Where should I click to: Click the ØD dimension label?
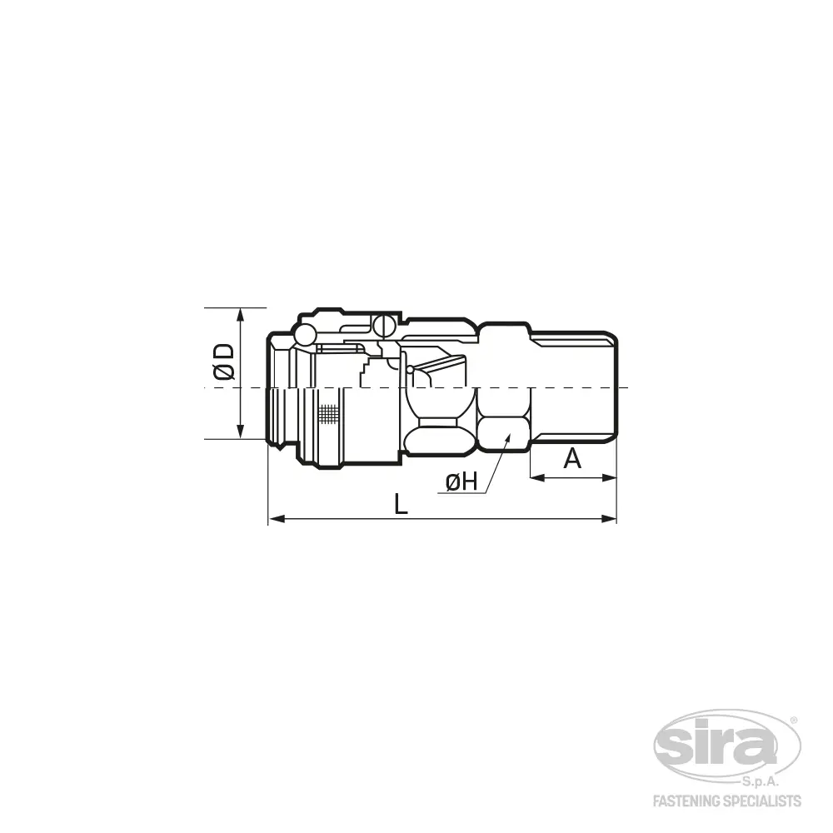point(223,362)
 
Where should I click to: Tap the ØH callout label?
point(461,482)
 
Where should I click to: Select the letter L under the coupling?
point(402,504)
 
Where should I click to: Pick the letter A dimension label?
point(572,458)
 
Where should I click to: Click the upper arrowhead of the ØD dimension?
point(240,315)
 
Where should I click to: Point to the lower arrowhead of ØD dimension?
point(240,432)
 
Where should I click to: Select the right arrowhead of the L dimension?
point(609,518)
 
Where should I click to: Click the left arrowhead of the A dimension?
point(537,477)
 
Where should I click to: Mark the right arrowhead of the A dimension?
point(609,477)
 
